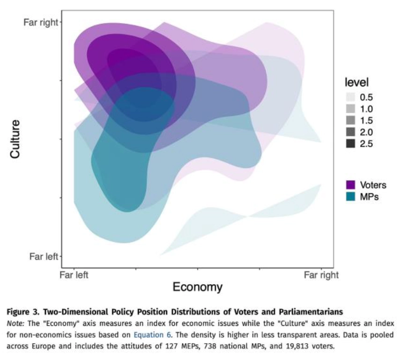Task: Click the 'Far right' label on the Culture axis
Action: [x=40, y=22]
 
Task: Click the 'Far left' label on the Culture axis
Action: [x=44, y=256]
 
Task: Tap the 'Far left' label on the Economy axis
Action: [x=74, y=275]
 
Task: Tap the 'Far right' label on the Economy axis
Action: [x=321, y=275]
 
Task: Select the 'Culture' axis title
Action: [x=15, y=139]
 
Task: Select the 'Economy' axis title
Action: [x=197, y=287]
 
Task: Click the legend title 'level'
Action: [x=356, y=82]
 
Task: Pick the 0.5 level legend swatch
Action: [x=350, y=98]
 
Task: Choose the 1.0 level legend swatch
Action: [x=350, y=109]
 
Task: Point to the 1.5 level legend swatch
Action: [x=350, y=121]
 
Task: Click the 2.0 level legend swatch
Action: [x=350, y=132]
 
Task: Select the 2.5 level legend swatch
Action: [x=350, y=144]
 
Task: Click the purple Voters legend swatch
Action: [x=350, y=185]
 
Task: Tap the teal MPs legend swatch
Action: [x=350, y=197]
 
